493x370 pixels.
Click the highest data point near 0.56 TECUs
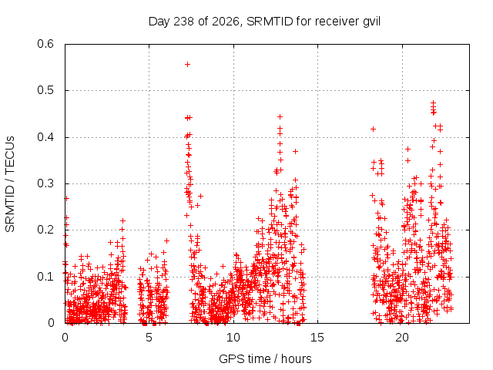coord(187,65)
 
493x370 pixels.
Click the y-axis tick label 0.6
coord(45,44)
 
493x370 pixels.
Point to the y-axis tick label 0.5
coord(45,90)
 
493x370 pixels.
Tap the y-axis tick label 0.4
coord(45,137)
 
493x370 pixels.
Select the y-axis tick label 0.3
coord(45,183)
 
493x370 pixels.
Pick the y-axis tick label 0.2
coord(45,230)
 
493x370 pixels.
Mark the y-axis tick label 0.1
coord(45,277)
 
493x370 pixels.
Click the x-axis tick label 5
coord(149,338)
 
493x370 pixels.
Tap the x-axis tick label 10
coord(233,338)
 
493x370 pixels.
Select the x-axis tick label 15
coord(317,338)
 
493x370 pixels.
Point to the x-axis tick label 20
coord(402,338)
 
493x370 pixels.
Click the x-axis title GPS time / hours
coord(265,359)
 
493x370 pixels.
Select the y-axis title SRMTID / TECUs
coord(10,184)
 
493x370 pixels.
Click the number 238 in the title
coord(183,22)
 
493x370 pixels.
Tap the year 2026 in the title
coord(226,22)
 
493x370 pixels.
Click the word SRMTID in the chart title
coord(270,22)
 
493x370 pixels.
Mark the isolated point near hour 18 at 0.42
coord(373,129)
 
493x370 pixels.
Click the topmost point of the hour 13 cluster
coord(280,116)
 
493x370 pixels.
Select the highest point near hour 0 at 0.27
coord(66,198)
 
